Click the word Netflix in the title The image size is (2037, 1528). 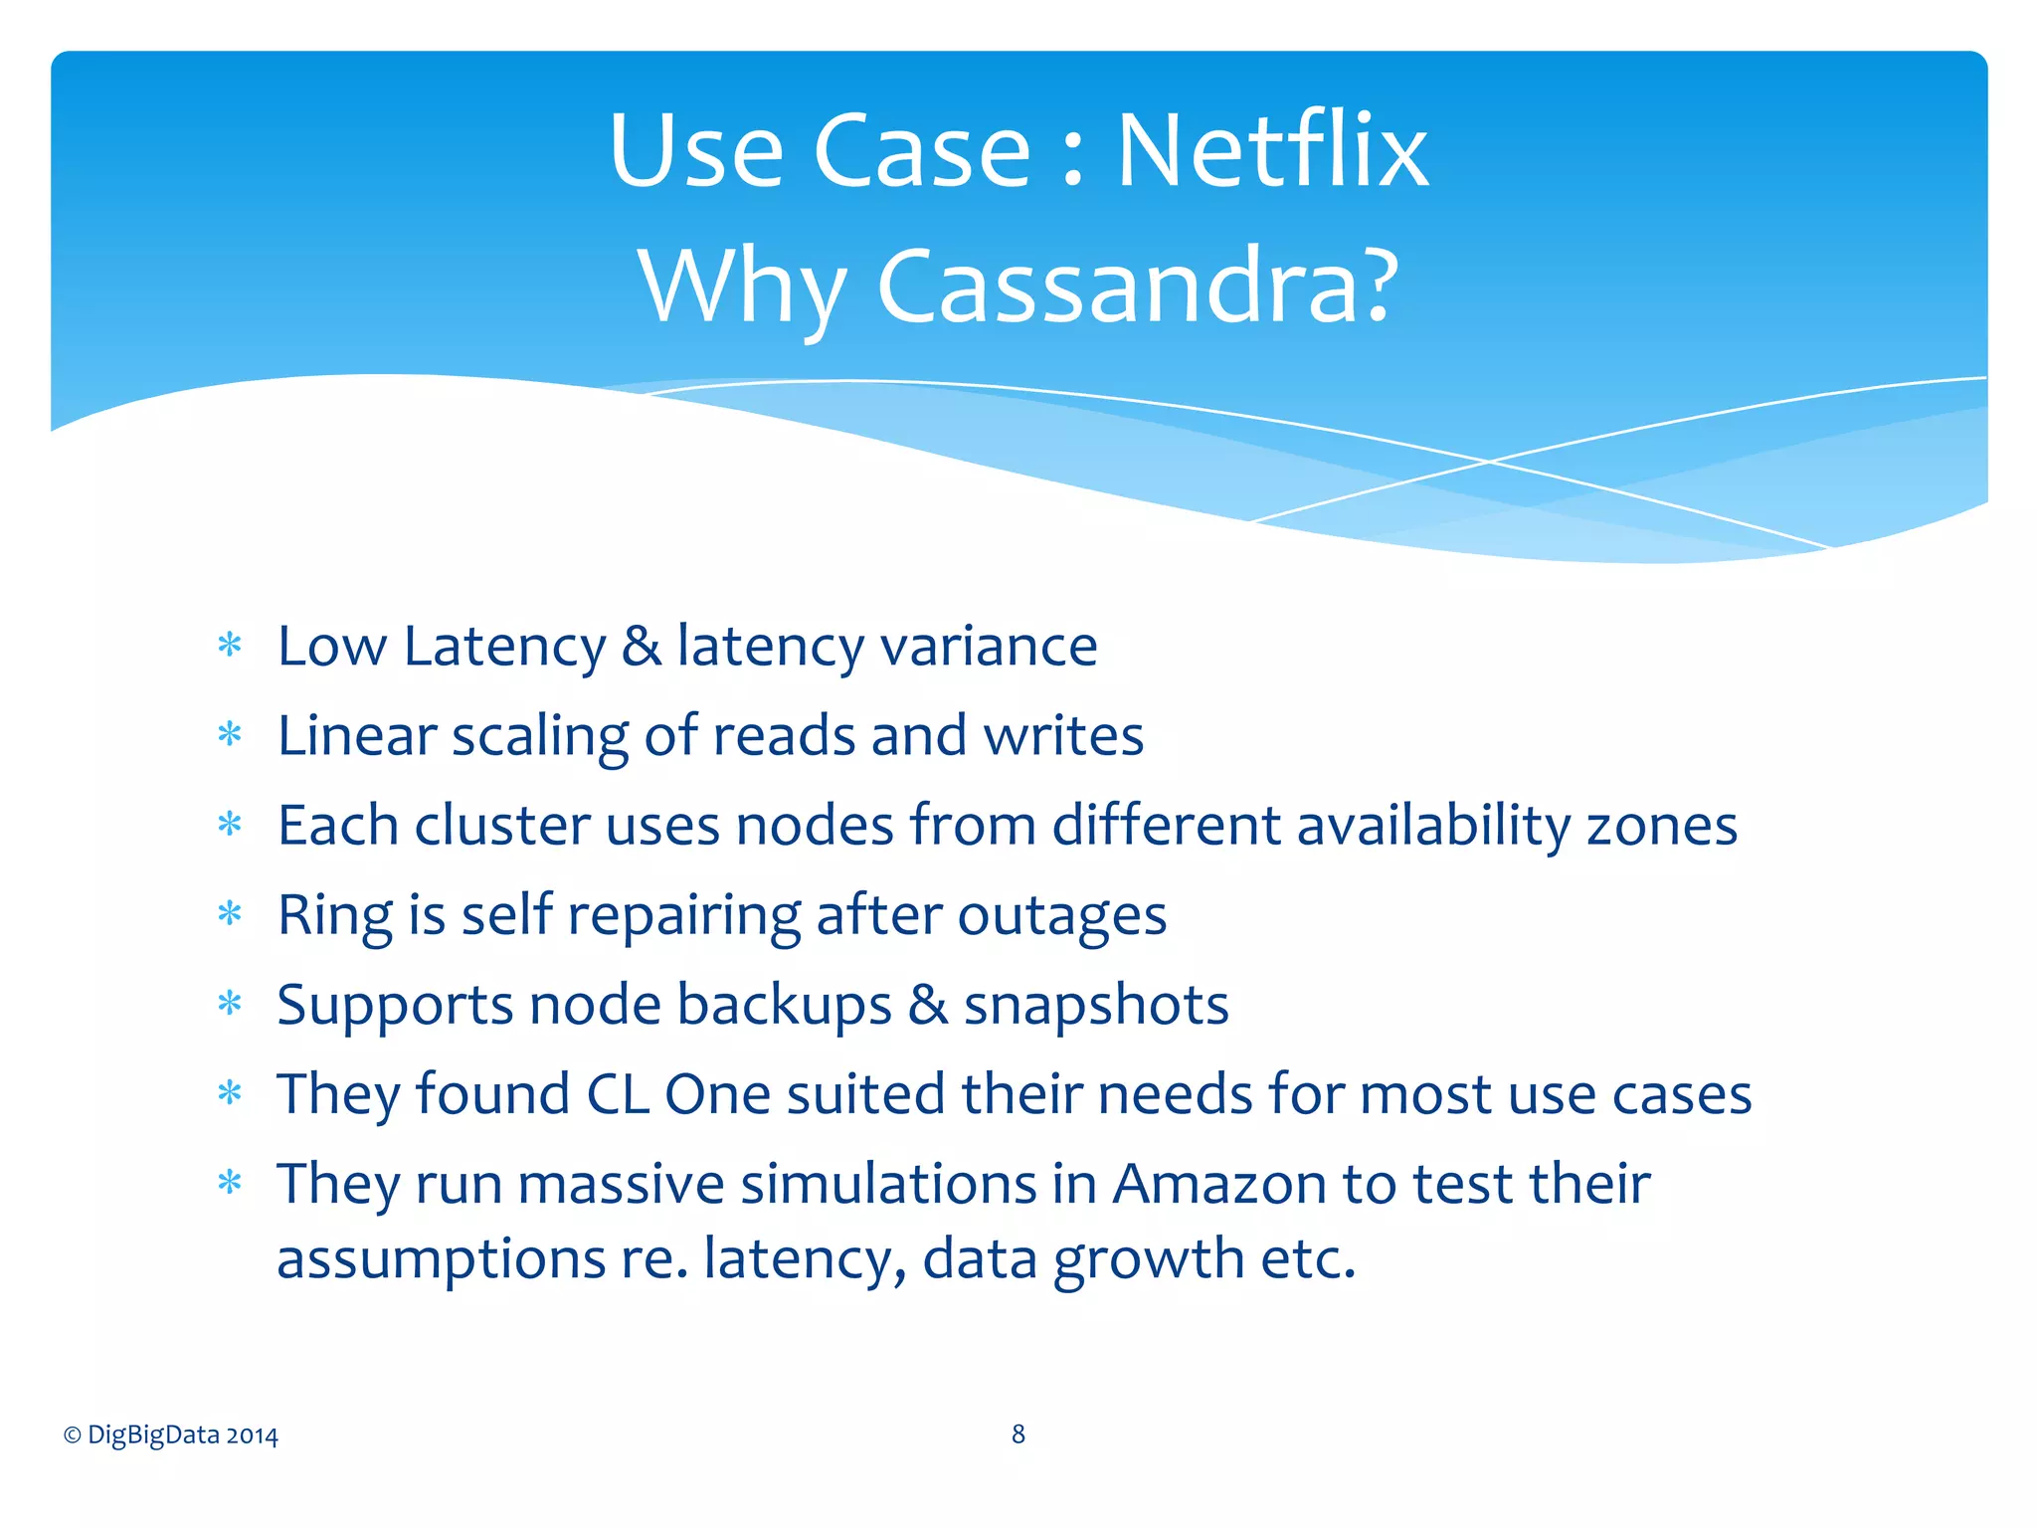tap(1272, 150)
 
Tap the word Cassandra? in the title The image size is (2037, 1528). tap(1138, 286)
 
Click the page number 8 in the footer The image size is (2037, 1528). tap(1018, 1433)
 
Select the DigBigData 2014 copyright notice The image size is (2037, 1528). tap(170, 1434)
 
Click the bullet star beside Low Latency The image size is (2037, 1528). tap(230, 645)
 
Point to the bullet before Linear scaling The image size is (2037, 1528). tap(230, 734)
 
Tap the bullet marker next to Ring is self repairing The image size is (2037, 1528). tap(230, 913)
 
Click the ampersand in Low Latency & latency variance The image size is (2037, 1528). tap(642, 646)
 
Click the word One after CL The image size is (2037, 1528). tap(717, 1094)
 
